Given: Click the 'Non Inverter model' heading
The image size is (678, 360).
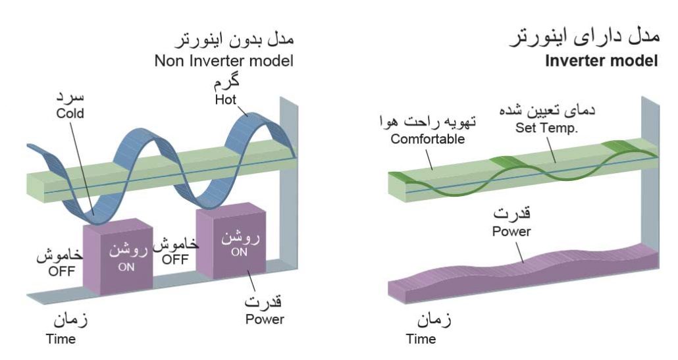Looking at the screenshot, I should [x=223, y=61].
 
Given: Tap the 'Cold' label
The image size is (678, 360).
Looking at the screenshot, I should [x=70, y=113].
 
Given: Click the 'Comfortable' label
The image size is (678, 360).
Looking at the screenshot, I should [x=427, y=139].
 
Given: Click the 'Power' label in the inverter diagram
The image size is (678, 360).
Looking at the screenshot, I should [x=511, y=231].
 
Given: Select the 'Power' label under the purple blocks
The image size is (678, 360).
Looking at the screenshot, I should [x=265, y=319].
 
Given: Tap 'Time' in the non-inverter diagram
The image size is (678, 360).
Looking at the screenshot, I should [x=61, y=340].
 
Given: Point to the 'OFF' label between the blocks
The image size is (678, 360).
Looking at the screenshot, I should [x=175, y=259].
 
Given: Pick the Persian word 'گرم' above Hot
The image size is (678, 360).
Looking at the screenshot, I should [x=226, y=84].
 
